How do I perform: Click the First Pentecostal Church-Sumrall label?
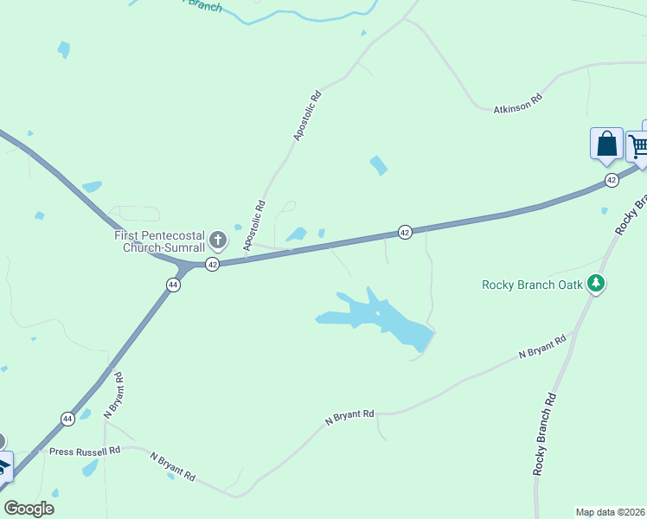161,240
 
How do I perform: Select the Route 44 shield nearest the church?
173,285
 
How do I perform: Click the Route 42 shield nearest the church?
212,264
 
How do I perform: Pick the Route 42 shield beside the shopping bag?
612,180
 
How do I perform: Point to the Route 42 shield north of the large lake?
404,232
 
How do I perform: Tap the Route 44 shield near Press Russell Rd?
67,418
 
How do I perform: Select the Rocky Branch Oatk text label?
532,284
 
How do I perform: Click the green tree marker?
595,283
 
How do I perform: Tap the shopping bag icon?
606,144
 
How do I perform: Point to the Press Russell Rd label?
85,452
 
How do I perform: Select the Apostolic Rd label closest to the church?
254,226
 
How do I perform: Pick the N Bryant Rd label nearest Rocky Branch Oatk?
542,347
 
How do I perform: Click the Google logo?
29,509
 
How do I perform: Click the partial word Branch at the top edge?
204,6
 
